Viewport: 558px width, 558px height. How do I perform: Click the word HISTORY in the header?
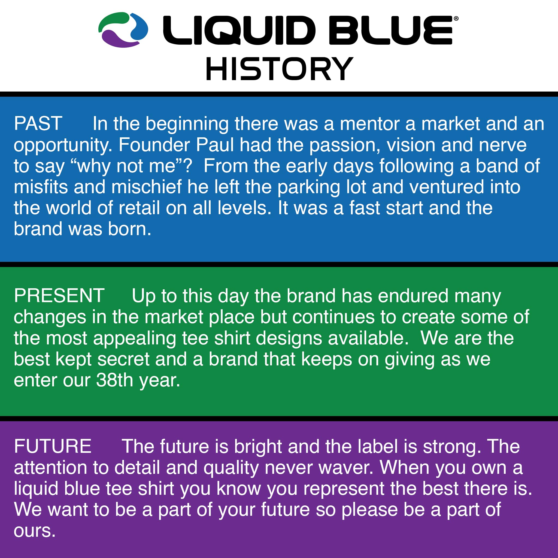279,69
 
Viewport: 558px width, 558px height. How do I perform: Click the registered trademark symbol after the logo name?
456,19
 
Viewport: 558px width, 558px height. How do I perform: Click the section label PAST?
38,124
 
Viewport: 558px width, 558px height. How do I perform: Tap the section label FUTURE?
53,446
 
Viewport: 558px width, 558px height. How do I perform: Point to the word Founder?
154,145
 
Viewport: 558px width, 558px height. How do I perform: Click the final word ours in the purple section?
34,531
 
